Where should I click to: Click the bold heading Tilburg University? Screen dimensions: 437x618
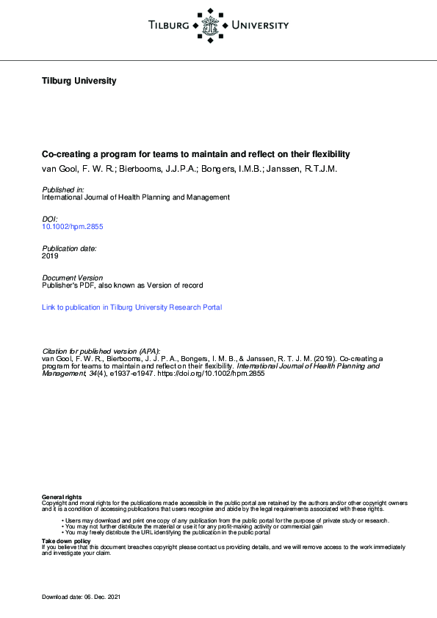(79, 81)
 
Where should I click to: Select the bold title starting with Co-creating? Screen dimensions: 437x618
(195, 155)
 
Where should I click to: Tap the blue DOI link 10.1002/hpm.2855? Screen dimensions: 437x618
(73, 227)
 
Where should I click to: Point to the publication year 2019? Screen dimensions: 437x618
(50, 256)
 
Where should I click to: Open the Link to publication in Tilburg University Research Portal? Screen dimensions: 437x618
(131, 308)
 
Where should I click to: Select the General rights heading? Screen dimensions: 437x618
(62, 498)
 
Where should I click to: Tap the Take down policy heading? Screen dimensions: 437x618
(66, 541)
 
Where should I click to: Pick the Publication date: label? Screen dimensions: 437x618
(69, 249)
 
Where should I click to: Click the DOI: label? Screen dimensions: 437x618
(49, 219)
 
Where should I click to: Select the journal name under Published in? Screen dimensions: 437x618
(136, 197)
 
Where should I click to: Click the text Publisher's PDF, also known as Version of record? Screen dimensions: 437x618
(122, 286)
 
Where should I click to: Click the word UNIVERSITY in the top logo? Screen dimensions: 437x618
(260, 26)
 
